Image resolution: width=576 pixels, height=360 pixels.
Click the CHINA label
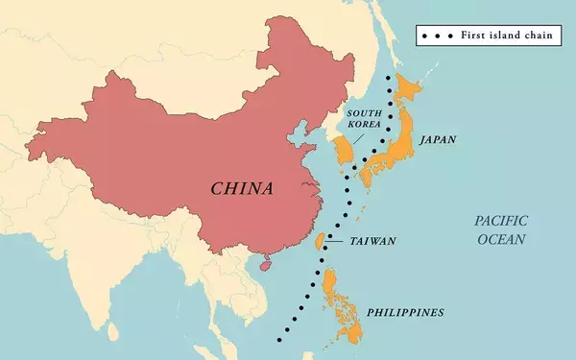click(x=242, y=187)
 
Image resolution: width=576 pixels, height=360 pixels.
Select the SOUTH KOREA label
click(x=364, y=119)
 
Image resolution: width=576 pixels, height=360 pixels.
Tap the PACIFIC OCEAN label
click(x=500, y=230)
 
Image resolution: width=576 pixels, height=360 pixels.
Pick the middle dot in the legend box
click(x=437, y=35)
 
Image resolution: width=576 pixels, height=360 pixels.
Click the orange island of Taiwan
click(x=320, y=240)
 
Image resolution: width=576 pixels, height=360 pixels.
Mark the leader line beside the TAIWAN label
click(x=335, y=241)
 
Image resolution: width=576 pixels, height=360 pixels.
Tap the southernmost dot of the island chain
click(x=278, y=339)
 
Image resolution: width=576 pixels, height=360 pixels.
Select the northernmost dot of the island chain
click(x=389, y=76)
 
